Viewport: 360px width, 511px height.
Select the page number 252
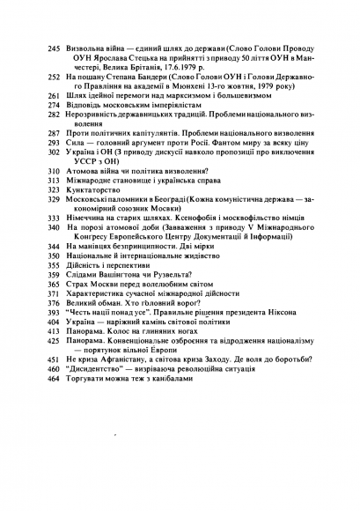coord(54,78)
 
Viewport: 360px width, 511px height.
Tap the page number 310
coord(54,171)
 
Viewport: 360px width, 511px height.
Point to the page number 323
coord(54,189)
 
